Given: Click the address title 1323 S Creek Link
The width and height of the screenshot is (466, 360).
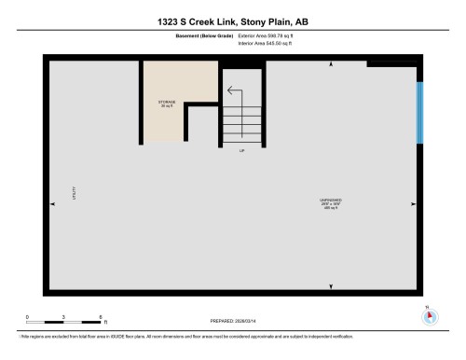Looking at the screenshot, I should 233,21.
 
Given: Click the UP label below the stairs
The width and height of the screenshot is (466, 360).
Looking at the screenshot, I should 242,150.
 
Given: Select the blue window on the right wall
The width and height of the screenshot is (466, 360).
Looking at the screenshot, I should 419,112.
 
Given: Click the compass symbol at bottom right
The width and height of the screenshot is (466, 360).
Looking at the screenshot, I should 430,316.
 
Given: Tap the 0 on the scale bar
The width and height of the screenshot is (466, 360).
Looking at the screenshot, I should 27,317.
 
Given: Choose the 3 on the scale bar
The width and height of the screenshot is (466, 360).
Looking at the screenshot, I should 63,317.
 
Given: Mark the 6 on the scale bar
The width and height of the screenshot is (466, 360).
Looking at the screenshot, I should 100,317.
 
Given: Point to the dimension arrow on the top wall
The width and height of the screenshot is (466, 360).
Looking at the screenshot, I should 333,64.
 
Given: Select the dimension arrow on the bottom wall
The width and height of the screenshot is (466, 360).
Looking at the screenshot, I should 333,284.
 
